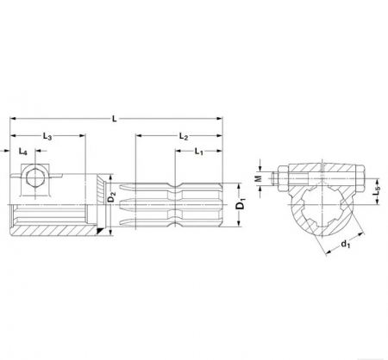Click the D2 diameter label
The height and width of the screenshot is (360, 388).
[111, 200]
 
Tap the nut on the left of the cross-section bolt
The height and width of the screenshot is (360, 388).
[280, 181]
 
